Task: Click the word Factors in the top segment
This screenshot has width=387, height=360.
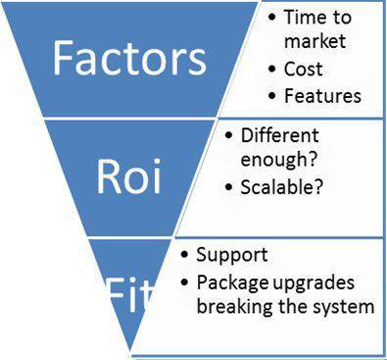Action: point(130,58)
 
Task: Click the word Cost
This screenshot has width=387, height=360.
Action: point(304,71)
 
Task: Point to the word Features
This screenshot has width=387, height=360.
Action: point(322,96)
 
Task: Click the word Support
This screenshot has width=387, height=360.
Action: point(232,255)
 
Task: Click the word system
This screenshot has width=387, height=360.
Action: point(346,306)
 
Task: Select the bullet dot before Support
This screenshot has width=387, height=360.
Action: point(185,256)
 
